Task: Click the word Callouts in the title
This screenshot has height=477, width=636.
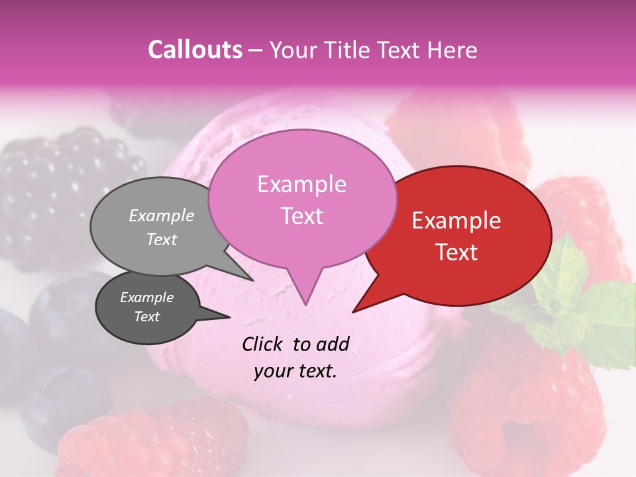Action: pyautogui.click(x=195, y=50)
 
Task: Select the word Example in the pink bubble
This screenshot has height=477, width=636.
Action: pyautogui.click(x=301, y=184)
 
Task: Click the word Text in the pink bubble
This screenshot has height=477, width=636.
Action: pyautogui.click(x=301, y=216)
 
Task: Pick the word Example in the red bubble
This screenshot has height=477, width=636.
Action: pyautogui.click(x=456, y=221)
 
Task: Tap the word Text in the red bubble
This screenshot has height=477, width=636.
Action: pyautogui.click(x=456, y=252)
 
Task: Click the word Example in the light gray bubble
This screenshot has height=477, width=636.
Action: pyautogui.click(x=162, y=215)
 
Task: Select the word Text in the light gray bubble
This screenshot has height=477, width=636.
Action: pyautogui.click(x=162, y=239)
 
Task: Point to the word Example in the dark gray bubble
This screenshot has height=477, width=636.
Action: pyautogui.click(x=146, y=297)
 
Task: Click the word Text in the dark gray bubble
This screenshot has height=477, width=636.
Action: pyautogui.click(x=146, y=317)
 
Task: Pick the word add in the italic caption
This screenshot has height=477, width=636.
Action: pyautogui.click(x=333, y=344)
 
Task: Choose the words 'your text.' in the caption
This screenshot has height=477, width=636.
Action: pyautogui.click(x=295, y=371)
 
